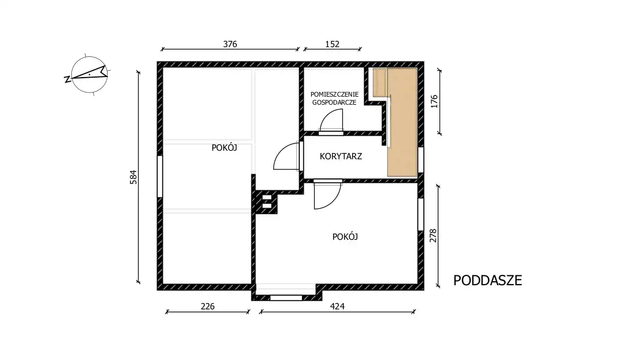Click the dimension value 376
pyautogui.click(x=230, y=44)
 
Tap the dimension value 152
pyautogui.click(x=333, y=44)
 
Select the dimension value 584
pyautogui.click(x=133, y=177)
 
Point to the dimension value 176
pyautogui.click(x=434, y=101)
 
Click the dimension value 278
pyautogui.click(x=433, y=236)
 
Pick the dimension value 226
pyautogui.click(x=208, y=307)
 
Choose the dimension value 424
pyautogui.click(x=337, y=307)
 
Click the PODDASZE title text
pyautogui.click(x=487, y=280)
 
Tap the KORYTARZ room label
pyautogui.click(x=341, y=156)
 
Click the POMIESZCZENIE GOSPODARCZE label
pyautogui.click(x=334, y=98)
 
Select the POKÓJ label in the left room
pyautogui.click(x=224, y=148)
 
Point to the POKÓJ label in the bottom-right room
pyautogui.click(x=345, y=236)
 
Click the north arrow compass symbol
pyautogui.click(x=89, y=75)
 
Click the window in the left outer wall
pyautogui.click(x=160, y=177)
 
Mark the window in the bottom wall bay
pyautogui.click(x=286, y=298)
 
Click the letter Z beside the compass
pyautogui.click(x=67, y=79)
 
